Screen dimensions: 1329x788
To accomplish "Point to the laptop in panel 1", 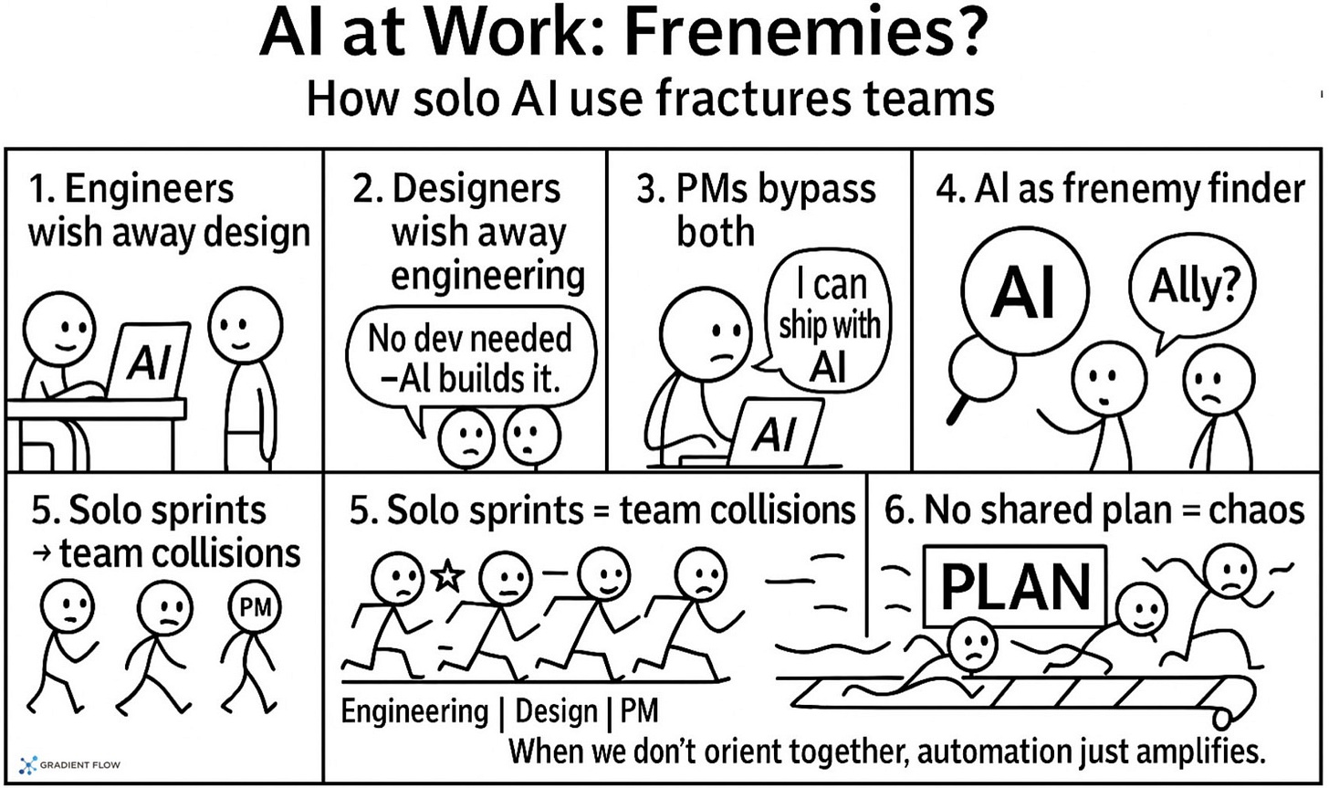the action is coord(148,361).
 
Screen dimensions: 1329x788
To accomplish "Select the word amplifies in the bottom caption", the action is coord(1193,752).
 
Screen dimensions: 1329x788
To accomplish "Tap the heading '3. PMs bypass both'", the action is coord(758,210).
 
